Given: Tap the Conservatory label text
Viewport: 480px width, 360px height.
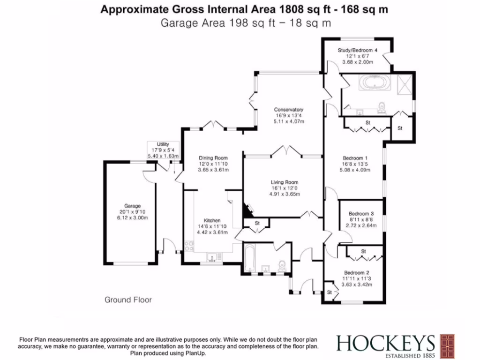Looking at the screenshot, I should (x=289, y=110).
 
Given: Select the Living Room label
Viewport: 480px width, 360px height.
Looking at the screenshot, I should (x=285, y=182).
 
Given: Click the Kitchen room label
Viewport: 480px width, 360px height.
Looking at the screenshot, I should (x=212, y=220).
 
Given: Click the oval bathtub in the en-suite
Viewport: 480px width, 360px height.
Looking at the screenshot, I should (x=375, y=84).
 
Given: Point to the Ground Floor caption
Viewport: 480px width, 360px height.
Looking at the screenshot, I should (x=128, y=300).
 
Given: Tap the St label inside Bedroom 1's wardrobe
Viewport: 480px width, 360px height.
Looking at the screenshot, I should (x=368, y=123).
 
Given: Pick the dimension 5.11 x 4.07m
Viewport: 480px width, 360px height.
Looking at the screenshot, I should (x=289, y=121).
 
